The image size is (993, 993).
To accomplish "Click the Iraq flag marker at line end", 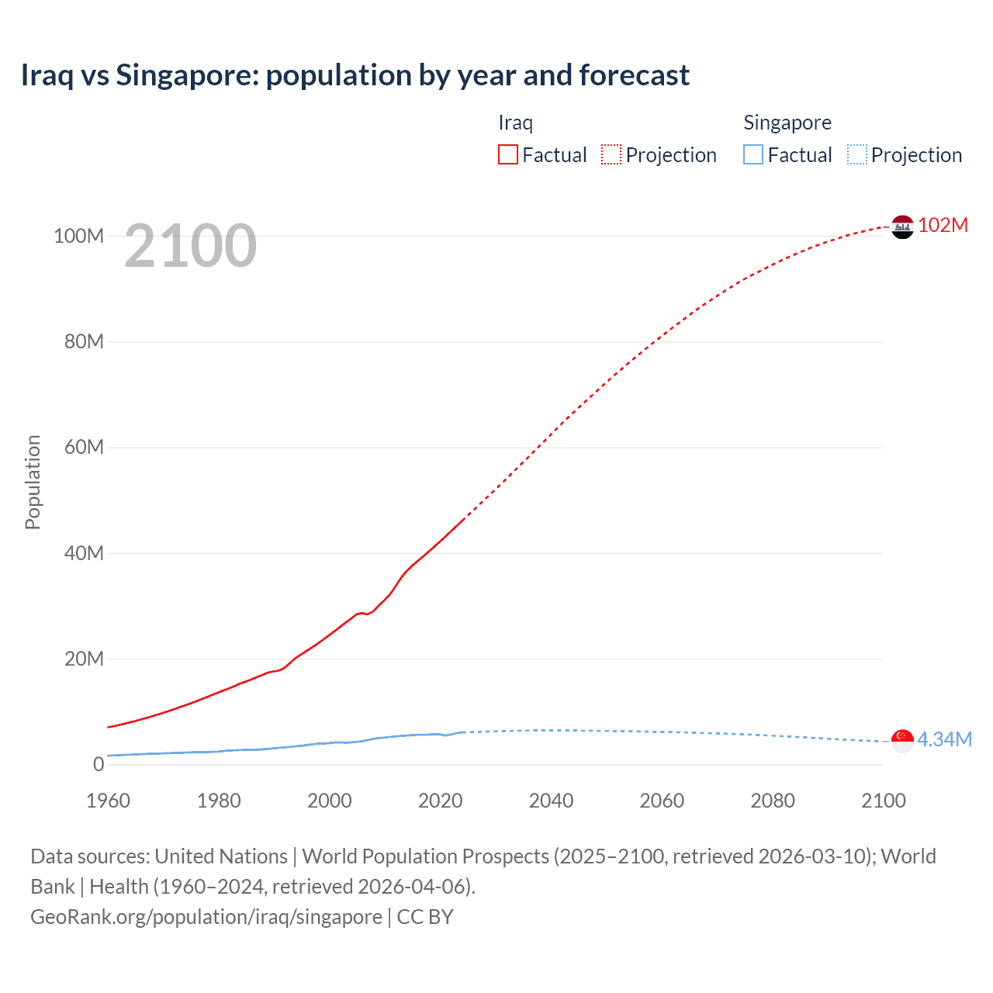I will [902, 227].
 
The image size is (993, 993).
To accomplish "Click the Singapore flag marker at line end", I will [902, 741].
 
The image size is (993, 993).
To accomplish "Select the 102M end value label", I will [943, 226].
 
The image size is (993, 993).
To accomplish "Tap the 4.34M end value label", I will [944, 739].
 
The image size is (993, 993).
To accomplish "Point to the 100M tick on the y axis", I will [78, 236].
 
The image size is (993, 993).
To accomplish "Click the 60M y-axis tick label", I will [84, 448].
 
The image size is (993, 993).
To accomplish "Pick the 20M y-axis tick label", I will [84, 659].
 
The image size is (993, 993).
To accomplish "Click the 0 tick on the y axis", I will [99, 765].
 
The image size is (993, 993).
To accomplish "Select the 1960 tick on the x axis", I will [108, 801].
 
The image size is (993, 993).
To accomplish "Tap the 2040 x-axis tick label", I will [551, 801].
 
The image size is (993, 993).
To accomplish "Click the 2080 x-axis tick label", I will [773, 801].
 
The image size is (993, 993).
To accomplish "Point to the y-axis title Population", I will [33, 482].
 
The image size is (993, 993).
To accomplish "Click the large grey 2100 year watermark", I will [190, 246].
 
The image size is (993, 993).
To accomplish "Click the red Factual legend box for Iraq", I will [507, 155].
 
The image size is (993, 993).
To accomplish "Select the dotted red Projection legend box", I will [611, 155].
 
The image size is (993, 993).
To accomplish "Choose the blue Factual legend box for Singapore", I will [753, 155].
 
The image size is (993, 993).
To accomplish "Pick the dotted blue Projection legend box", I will [857, 155].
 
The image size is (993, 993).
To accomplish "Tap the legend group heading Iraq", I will [515, 123].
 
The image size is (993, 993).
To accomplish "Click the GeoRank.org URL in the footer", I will [206, 917].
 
